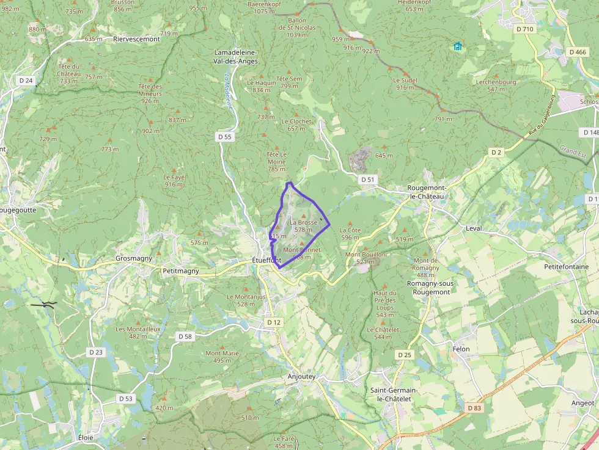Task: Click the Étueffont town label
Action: [267, 261]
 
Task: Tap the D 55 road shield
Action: [225, 137]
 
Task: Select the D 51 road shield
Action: [367, 180]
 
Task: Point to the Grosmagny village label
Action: [134, 258]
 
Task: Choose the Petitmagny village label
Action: [182, 270]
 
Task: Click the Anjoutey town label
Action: [302, 377]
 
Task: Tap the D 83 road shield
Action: [474, 408]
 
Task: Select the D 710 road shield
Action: [525, 29]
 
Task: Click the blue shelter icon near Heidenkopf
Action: [457, 46]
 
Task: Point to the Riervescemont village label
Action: [136, 38]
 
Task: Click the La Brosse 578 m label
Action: [304, 226]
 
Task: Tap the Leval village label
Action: [474, 228]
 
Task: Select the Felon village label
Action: [461, 349]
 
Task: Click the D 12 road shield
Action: [273, 322]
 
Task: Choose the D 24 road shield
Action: [26, 80]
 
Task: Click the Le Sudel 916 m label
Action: [405, 84]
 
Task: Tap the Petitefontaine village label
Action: [567, 267]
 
